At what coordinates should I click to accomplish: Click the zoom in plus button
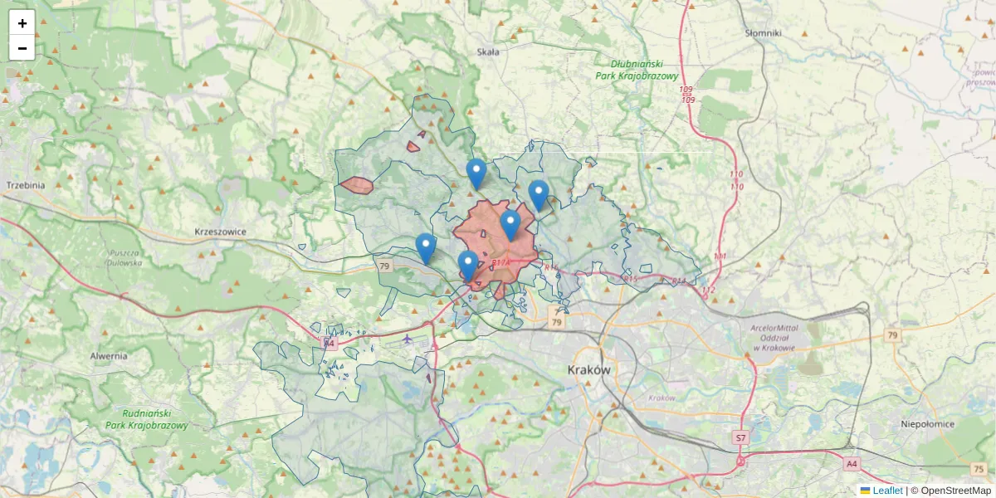[x=22, y=23]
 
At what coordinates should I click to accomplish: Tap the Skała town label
[x=488, y=51]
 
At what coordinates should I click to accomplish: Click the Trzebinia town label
[x=24, y=185]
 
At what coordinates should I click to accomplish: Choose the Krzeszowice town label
[x=220, y=232]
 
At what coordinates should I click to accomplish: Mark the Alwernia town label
[x=109, y=356]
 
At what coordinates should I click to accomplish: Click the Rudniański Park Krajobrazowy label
[x=147, y=419]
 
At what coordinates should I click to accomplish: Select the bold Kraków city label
[x=589, y=369]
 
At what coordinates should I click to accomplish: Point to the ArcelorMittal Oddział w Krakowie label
[x=773, y=337]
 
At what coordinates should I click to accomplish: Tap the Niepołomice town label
[x=927, y=424]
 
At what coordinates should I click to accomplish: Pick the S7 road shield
[x=741, y=437]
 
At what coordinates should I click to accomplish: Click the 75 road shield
[x=978, y=469]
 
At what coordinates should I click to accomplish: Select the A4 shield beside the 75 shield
[x=852, y=464]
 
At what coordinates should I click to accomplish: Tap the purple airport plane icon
[x=408, y=338]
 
